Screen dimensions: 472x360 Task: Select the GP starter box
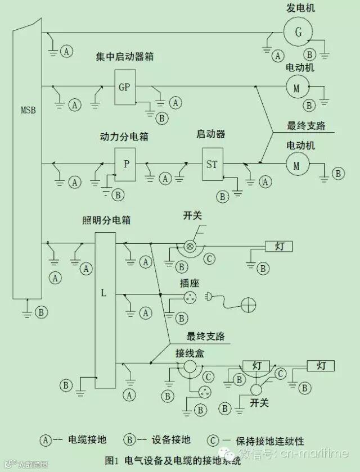(x=125, y=87)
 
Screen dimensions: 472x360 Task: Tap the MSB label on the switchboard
(x=26, y=110)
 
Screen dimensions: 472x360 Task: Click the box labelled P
(x=127, y=164)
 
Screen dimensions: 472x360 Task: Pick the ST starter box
(x=212, y=165)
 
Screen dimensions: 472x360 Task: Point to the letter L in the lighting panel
(x=103, y=293)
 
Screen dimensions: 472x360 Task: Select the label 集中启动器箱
(x=125, y=57)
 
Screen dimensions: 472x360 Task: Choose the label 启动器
(x=211, y=135)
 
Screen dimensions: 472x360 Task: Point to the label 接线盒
(x=188, y=352)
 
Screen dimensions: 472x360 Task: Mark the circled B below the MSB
(x=40, y=311)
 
